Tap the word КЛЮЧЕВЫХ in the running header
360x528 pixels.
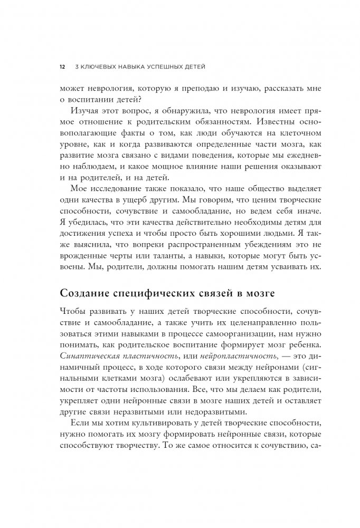pyautogui.click(x=99, y=67)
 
